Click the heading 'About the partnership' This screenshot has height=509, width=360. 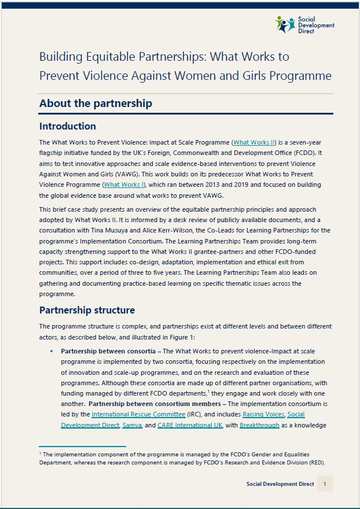tap(95, 104)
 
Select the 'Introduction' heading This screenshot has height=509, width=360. tap(67, 126)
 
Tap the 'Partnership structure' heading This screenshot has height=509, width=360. tap(87, 310)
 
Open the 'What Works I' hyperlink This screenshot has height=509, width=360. tap(123, 185)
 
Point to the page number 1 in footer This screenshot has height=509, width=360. tap(325, 484)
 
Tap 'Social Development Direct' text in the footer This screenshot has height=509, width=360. tap(280, 484)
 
